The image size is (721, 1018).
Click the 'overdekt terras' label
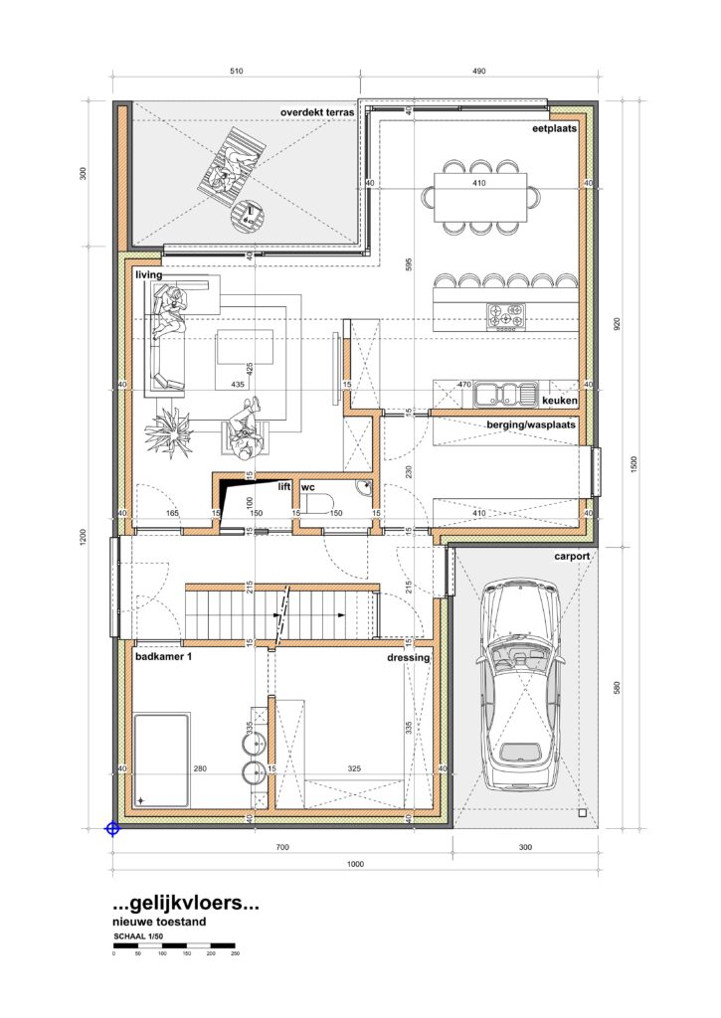click(317, 112)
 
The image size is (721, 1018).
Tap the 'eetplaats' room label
click(554, 128)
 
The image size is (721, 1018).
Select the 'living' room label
click(149, 275)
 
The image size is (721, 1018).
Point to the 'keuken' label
click(559, 401)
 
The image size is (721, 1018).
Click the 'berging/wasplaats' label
click(531, 425)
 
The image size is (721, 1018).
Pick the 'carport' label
click(572, 557)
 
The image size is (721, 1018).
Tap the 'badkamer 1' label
click(164, 656)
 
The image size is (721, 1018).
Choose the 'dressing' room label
click(409, 658)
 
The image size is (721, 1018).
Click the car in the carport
click(521, 686)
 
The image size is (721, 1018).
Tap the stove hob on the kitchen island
click(505, 315)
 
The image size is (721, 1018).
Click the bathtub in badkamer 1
click(162, 761)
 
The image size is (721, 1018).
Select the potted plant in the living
click(168, 427)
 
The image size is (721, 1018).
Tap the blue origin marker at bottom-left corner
click(113, 829)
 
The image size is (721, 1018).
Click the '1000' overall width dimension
click(355, 864)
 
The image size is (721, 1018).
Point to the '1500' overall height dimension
click(634, 464)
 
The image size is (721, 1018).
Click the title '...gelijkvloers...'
click(186, 903)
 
